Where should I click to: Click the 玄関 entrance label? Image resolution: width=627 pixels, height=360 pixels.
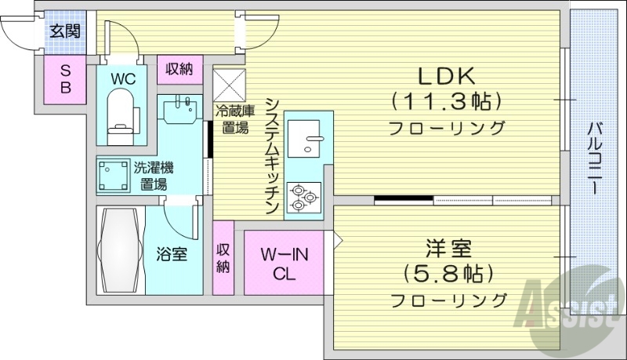64,31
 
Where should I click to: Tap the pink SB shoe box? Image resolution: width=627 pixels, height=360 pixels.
65,79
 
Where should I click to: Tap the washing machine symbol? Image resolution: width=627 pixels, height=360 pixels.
113,174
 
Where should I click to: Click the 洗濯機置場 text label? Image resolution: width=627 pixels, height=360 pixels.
154,175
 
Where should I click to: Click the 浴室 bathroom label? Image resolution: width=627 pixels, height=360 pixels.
172,253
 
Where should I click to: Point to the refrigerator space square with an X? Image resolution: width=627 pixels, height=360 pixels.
230,82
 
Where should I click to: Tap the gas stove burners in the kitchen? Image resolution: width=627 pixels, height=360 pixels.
303,196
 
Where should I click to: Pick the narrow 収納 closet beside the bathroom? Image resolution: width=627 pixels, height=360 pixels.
223,258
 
